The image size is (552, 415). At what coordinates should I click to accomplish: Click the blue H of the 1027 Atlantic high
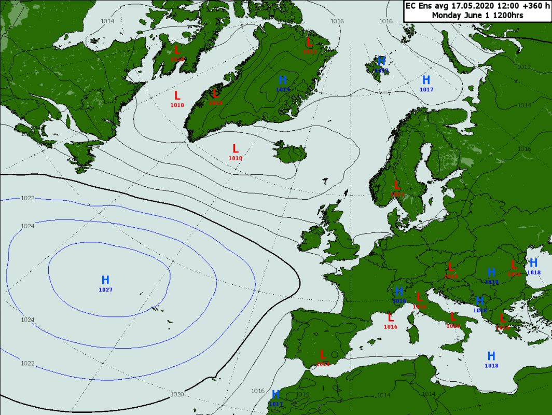coord(105,280)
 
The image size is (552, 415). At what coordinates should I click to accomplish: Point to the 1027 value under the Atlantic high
coord(105,289)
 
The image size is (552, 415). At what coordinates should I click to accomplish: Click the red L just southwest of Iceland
coord(235,149)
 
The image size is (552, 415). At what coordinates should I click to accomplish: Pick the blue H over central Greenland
coord(283,80)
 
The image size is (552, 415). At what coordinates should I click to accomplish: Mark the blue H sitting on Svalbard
coord(381,61)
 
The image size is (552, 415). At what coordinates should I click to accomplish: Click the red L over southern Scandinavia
coord(397,185)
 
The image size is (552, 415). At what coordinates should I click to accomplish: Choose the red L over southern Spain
coord(323,355)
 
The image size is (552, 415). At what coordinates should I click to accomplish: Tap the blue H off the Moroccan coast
coord(276,395)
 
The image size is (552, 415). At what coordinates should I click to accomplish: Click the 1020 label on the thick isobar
coord(177,394)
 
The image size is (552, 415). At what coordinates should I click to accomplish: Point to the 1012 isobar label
coord(523,67)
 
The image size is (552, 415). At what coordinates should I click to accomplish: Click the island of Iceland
coord(291,151)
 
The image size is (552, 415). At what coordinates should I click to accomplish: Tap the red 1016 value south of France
coord(390,327)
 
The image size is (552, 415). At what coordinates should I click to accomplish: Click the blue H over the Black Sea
coord(533,263)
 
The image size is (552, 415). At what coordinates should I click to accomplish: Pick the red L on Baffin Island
coord(177,50)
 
